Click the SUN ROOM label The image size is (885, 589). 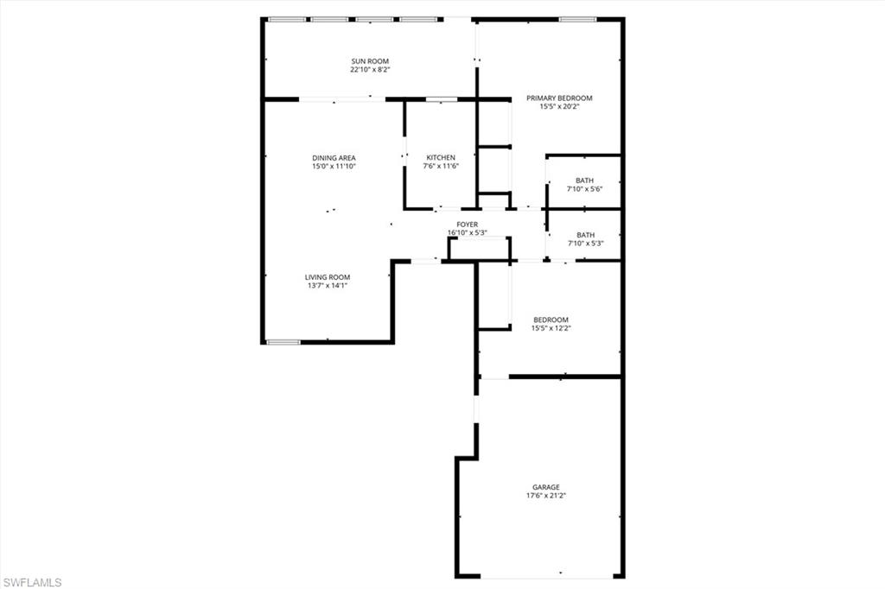pyautogui.click(x=370, y=61)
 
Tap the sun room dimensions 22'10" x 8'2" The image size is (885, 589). pyautogui.click(x=370, y=69)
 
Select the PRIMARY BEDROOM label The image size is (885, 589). pyautogui.click(x=559, y=98)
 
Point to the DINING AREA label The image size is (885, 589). pyautogui.click(x=334, y=158)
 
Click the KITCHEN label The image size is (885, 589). pyautogui.click(x=441, y=157)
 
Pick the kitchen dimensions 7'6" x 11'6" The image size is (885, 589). pyautogui.click(x=441, y=166)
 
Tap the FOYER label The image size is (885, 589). pyautogui.click(x=468, y=225)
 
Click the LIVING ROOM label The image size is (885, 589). pyautogui.click(x=328, y=277)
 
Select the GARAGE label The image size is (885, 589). pyautogui.click(x=546, y=487)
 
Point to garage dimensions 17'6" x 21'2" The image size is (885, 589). pyautogui.click(x=546, y=496)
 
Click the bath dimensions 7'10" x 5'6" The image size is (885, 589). pyautogui.click(x=585, y=189)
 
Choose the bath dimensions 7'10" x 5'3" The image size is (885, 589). pyautogui.click(x=586, y=244)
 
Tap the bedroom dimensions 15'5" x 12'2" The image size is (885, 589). pyautogui.click(x=551, y=328)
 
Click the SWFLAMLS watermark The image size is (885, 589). pyautogui.click(x=32, y=582)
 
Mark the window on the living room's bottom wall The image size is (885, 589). pyautogui.click(x=283, y=342)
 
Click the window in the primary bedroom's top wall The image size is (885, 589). pyautogui.click(x=578, y=19)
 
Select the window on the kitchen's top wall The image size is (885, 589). pyautogui.click(x=442, y=99)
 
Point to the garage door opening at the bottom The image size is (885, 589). pyautogui.click(x=546, y=577)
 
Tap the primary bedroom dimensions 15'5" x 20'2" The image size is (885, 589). pyautogui.click(x=559, y=106)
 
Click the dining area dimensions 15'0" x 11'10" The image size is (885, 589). pyautogui.click(x=334, y=167)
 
